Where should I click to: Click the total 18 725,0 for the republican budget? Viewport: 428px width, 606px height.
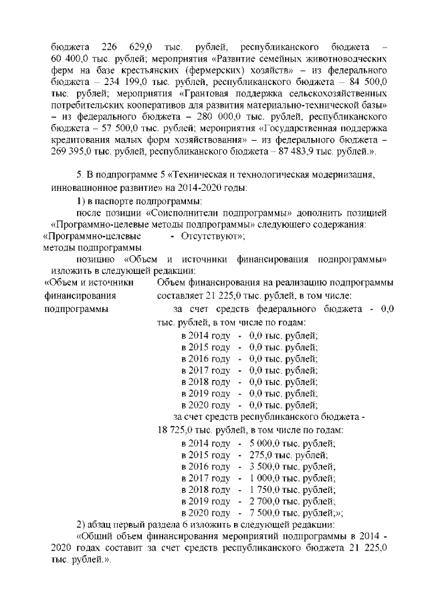click(x=176, y=429)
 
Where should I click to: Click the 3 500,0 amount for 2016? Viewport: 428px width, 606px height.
click(x=265, y=466)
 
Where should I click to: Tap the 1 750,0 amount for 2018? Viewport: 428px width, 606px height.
click(x=265, y=489)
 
